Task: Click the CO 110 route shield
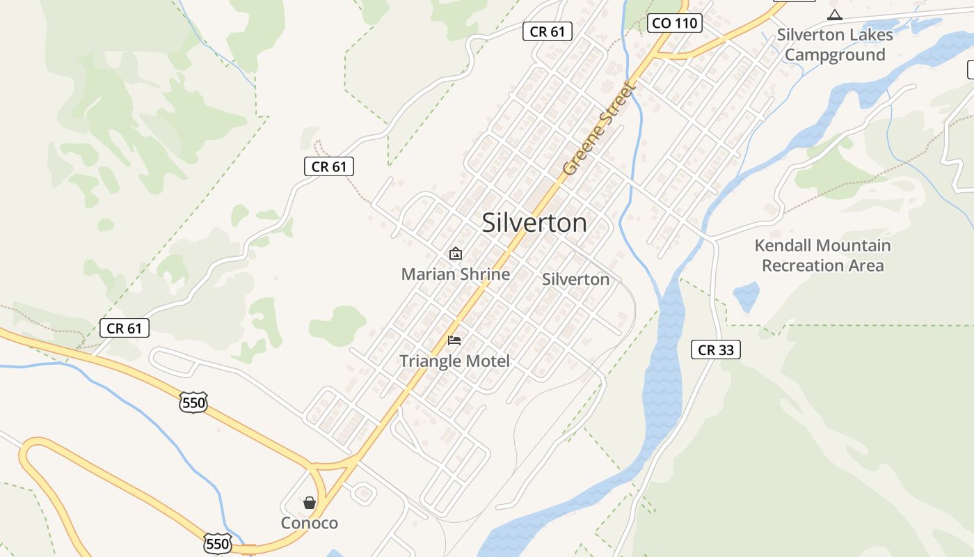[x=674, y=23]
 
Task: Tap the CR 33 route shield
[x=715, y=350]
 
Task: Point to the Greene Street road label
[x=600, y=130]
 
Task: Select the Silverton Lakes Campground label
[x=835, y=45]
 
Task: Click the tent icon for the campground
[x=834, y=15]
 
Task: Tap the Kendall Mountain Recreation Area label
[x=822, y=256]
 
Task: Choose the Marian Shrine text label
[x=455, y=274]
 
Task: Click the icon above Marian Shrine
[x=455, y=253]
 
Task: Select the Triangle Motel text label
[x=454, y=361]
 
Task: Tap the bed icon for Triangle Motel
[x=454, y=340]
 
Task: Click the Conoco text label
[x=309, y=523]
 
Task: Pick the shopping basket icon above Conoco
[x=310, y=502]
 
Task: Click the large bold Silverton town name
[x=534, y=223]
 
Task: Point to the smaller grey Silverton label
[x=575, y=279]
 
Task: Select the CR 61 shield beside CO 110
[x=548, y=31]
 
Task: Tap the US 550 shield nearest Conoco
[x=218, y=543]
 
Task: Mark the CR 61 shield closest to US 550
[x=125, y=328]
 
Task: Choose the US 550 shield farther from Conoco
[x=193, y=402]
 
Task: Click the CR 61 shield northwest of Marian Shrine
[x=329, y=166]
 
